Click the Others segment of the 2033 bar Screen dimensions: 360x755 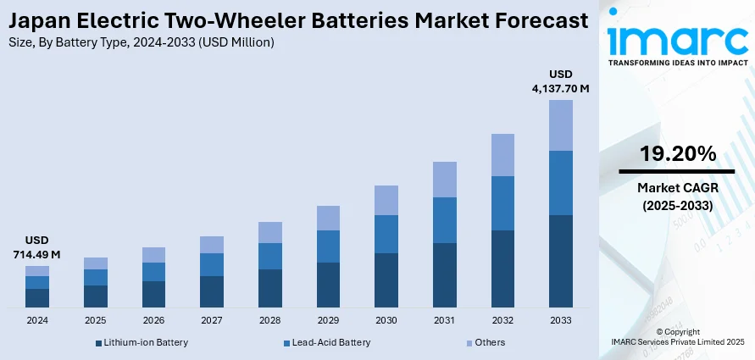pyautogui.click(x=561, y=125)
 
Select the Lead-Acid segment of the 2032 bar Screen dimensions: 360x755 pyautogui.click(x=502, y=203)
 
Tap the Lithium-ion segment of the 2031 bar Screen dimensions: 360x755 pyautogui.click(x=445, y=275)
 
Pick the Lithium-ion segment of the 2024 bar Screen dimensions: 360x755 pyautogui.click(x=37, y=297)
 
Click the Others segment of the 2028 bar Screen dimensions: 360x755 pyautogui.click(x=270, y=232)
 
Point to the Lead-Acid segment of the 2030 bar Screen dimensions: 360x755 pyautogui.click(x=386, y=234)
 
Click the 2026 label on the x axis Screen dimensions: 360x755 pyautogui.click(x=153, y=320)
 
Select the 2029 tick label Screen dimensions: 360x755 pyautogui.click(x=328, y=320)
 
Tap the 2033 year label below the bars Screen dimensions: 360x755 pyautogui.click(x=561, y=320)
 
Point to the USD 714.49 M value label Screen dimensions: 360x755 pyautogui.click(x=36, y=246)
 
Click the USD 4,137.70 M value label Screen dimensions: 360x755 pyautogui.click(x=561, y=80)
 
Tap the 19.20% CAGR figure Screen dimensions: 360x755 pyautogui.click(x=677, y=154)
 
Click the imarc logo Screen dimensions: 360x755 pyautogui.click(x=677, y=41)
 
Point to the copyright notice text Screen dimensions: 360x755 pyautogui.click(x=677, y=335)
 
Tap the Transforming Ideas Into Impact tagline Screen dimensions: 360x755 pyautogui.click(x=677, y=64)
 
